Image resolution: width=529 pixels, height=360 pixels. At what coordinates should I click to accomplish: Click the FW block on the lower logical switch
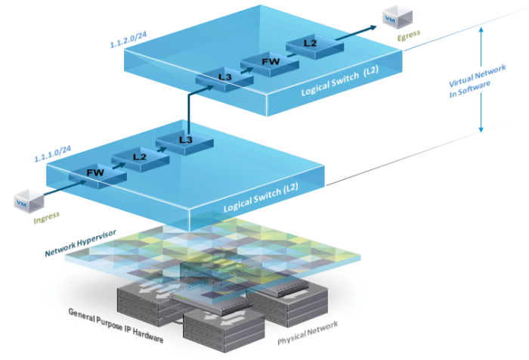pyautogui.click(x=95, y=173)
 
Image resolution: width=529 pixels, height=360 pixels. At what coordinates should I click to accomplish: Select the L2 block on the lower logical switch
pyautogui.click(x=138, y=157)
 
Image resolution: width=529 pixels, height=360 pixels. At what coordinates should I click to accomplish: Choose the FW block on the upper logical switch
pyautogui.click(x=268, y=60)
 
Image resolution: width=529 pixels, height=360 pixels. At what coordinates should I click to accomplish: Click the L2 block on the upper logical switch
pyautogui.click(x=311, y=44)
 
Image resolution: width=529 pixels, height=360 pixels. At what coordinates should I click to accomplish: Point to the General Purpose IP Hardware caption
pyautogui.click(x=116, y=315)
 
